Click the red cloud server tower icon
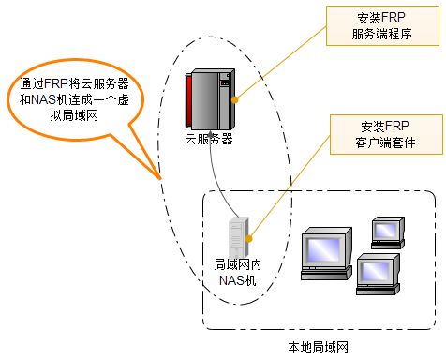coord(210,99)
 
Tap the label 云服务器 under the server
coord(209,139)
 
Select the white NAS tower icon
coord(239,237)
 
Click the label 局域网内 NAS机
coord(238,273)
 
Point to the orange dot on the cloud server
coord(235,100)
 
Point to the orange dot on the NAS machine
coord(249,239)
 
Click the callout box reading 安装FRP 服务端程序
coord(382,26)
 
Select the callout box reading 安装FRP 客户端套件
coord(386,134)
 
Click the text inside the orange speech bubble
coord(74,99)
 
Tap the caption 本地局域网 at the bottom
coord(318,347)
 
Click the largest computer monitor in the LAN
coord(326,253)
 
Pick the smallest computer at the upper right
coord(388,232)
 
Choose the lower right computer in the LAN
coord(379,275)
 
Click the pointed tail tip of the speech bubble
coord(161,179)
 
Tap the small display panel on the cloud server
coord(225,82)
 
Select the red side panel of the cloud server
coord(189,101)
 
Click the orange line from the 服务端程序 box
coord(280,64)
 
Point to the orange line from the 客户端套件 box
coord(290,187)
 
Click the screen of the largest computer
coord(323,250)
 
